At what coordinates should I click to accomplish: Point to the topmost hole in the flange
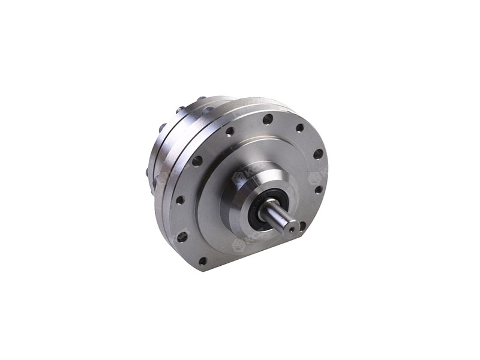pyautogui.click(x=268, y=119)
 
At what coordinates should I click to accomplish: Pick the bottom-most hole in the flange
pyautogui.click(x=202, y=261)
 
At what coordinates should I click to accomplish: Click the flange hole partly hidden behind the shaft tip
pyautogui.click(x=302, y=226)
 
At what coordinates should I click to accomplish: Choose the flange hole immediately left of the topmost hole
pyautogui.click(x=230, y=131)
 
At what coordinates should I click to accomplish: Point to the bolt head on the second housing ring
pyautogui.click(x=162, y=128)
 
